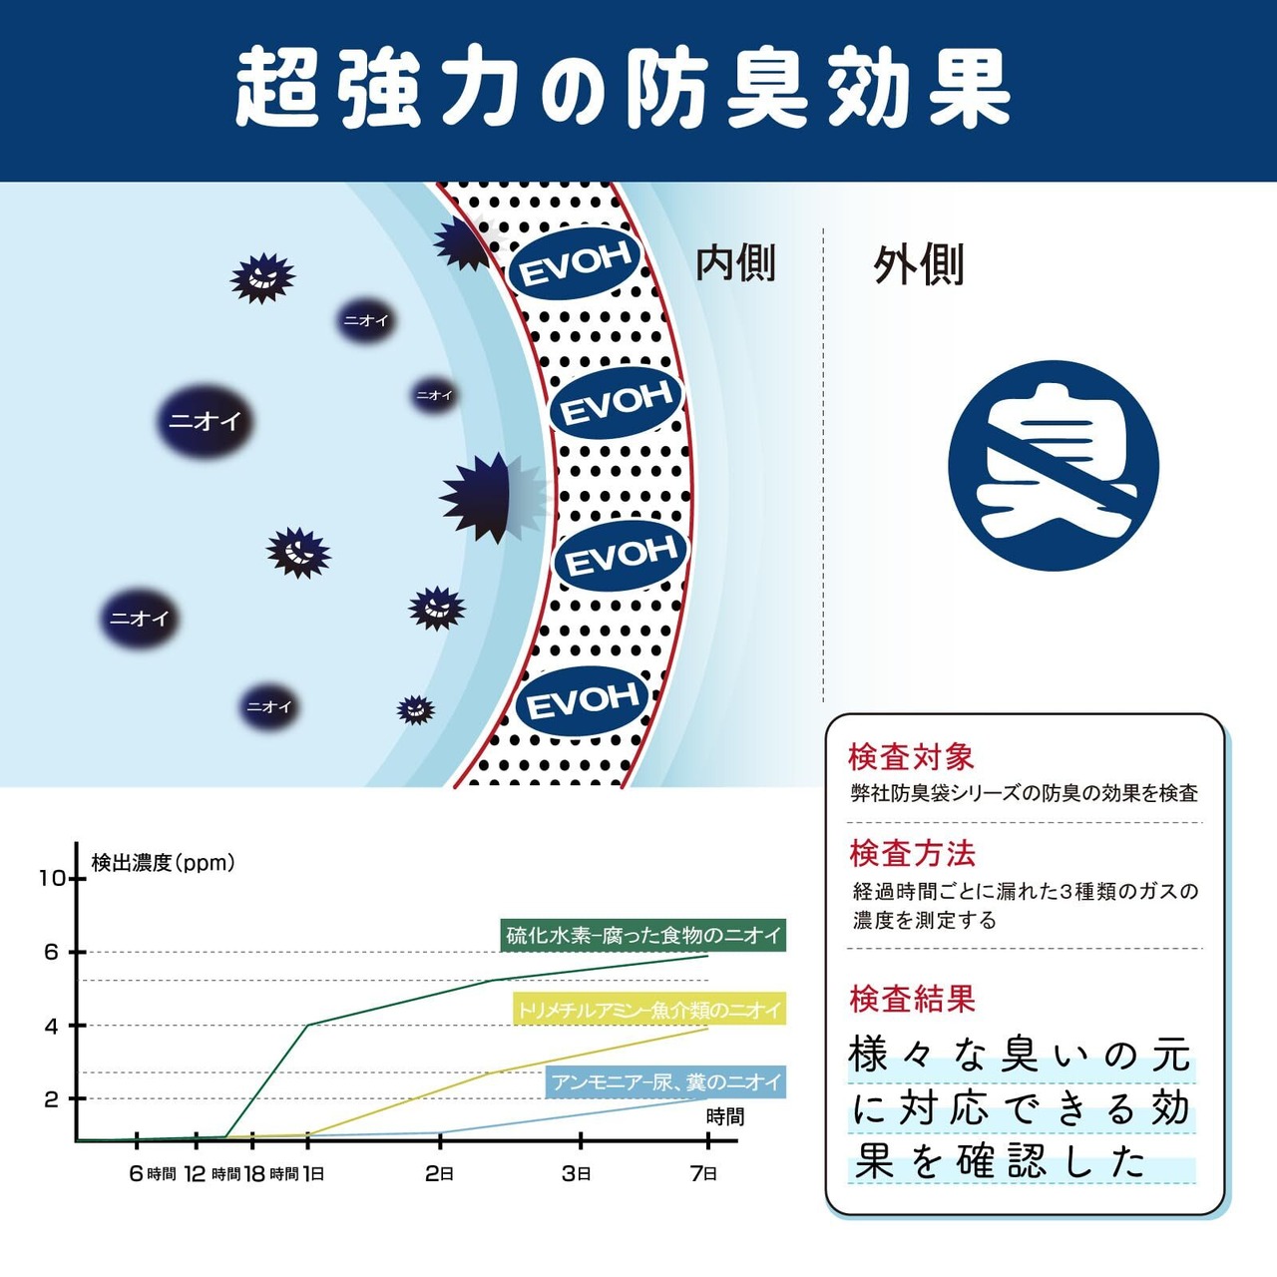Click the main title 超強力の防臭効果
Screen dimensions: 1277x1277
point(623,90)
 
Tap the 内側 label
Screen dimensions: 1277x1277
point(735,263)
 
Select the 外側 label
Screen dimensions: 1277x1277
point(918,265)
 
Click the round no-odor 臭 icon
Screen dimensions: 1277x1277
point(1054,465)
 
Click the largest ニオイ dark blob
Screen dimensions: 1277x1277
point(205,421)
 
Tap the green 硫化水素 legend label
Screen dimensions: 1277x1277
point(642,935)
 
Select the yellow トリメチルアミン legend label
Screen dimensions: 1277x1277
point(649,1009)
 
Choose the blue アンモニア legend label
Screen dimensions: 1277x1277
point(666,1082)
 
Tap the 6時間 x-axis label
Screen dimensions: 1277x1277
point(153,1174)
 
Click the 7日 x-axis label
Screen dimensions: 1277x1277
point(703,1174)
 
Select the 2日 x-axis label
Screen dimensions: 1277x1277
point(439,1174)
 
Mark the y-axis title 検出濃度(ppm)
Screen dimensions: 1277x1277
point(163,863)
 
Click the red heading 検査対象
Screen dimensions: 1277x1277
point(911,757)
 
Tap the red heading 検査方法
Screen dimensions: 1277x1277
point(912,854)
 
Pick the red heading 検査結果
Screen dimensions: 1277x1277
point(912,999)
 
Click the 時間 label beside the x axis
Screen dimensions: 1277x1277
point(725,1117)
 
